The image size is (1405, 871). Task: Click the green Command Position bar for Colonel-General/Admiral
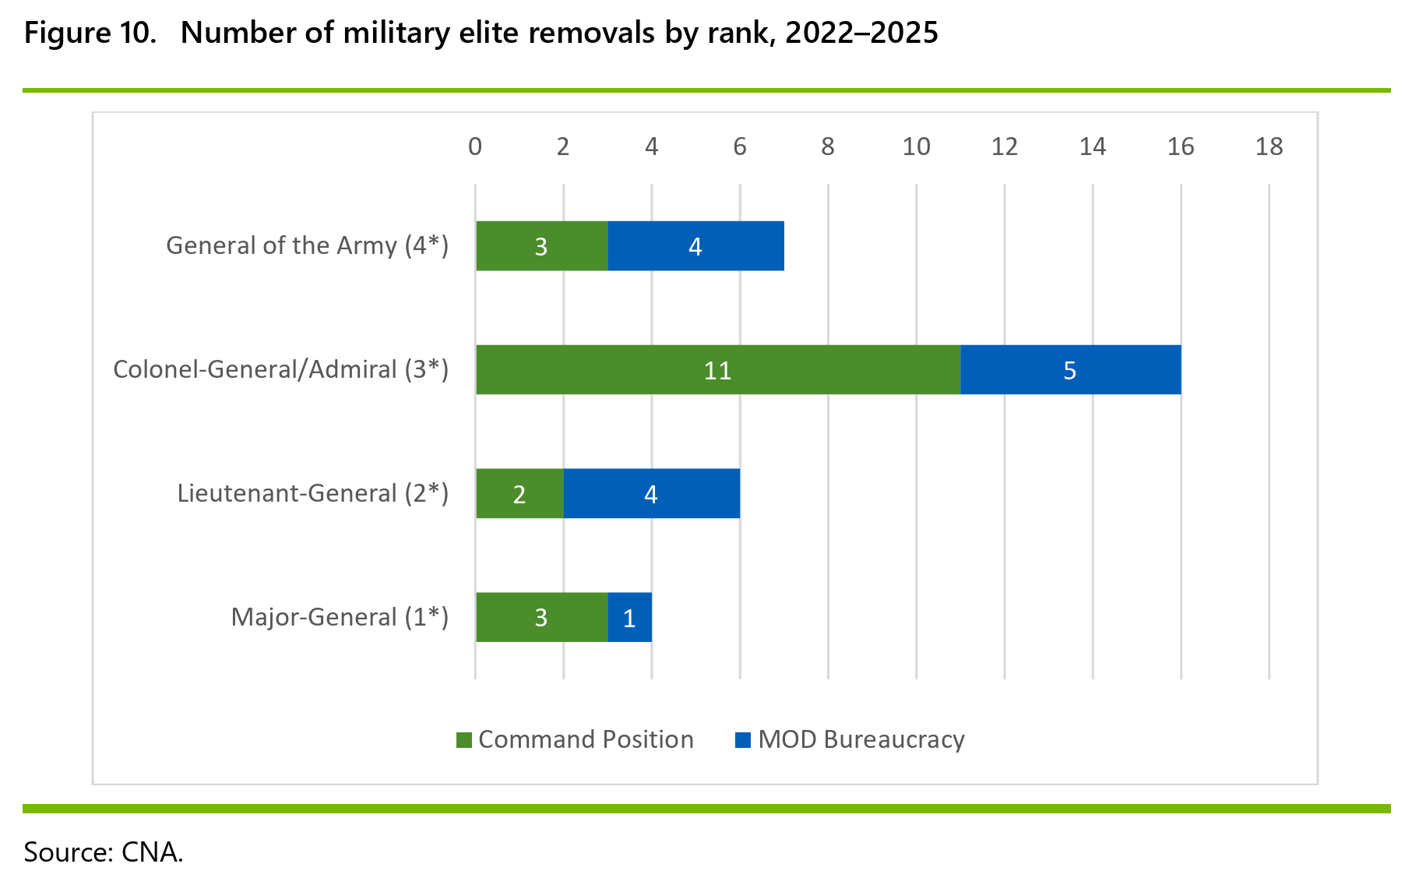click(x=718, y=369)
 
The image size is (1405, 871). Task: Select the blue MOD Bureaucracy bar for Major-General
click(x=629, y=617)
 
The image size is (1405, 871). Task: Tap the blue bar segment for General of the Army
click(x=695, y=246)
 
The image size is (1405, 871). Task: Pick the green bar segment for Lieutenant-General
click(x=519, y=493)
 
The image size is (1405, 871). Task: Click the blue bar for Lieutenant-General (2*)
click(x=652, y=493)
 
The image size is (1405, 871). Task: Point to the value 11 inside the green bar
click(x=717, y=371)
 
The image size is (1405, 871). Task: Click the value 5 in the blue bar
click(x=1070, y=371)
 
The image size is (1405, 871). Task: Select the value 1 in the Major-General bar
click(x=629, y=619)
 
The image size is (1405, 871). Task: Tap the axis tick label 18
click(x=1269, y=146)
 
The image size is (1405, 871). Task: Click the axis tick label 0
click(x=475, y=146)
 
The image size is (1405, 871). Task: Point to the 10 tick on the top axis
click(x=916, y=146)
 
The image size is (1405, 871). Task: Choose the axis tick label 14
click(x=1093, y=146)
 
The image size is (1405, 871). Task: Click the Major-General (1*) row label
click(x=340, y=617)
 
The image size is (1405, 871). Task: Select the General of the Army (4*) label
click(x=308, y=245)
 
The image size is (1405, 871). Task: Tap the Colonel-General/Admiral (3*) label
click(x=281, y=369)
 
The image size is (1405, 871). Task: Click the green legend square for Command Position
click(x=464, y=740)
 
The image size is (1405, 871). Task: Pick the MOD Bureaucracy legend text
click(x=861, y=739)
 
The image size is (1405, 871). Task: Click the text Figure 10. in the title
click(x=90, y=33)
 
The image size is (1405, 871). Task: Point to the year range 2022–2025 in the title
click(x=861, y=33)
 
